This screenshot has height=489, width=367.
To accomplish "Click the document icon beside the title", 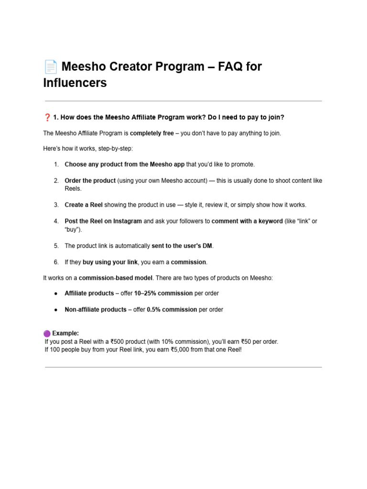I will point(50,66).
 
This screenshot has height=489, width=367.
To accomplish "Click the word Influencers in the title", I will point(75,83).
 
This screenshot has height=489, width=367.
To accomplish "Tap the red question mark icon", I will point(47,117).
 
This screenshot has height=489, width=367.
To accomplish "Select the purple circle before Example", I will point(47,333).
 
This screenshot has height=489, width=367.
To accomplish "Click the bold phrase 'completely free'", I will point(152,133).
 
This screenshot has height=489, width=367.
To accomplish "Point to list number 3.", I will point(56,205).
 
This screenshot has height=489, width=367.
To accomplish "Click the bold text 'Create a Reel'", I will point(84,205).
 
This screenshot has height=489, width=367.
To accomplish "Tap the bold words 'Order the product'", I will point(90,181).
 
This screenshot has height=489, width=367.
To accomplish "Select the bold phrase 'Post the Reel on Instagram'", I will point(103,221).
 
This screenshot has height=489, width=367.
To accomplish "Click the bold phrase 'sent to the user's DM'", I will point(182,246).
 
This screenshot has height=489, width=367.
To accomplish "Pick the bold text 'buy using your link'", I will point(110,262).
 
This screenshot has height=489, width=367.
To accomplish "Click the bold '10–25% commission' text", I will point(163,293).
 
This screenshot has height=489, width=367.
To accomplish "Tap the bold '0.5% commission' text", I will point(172,309).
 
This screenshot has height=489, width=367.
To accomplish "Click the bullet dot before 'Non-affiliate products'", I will point(56,309).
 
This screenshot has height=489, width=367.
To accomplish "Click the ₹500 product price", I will point(119,342).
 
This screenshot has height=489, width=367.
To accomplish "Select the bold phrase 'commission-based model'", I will point(115,278).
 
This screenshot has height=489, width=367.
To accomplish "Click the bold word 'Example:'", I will point(65,333).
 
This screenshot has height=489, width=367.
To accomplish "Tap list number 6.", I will point(56,262).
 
